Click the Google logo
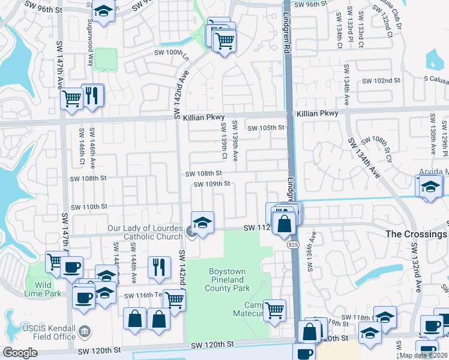pos(20,353)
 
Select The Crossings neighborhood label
pos(415,233)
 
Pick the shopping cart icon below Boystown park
pos(274,310)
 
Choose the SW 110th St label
pos(89,206)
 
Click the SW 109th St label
pos(212,184)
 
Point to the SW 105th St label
pos(265,128)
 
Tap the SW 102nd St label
pos(381,81)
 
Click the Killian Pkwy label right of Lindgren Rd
pos(316,113)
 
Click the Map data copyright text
pos(423,355)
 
